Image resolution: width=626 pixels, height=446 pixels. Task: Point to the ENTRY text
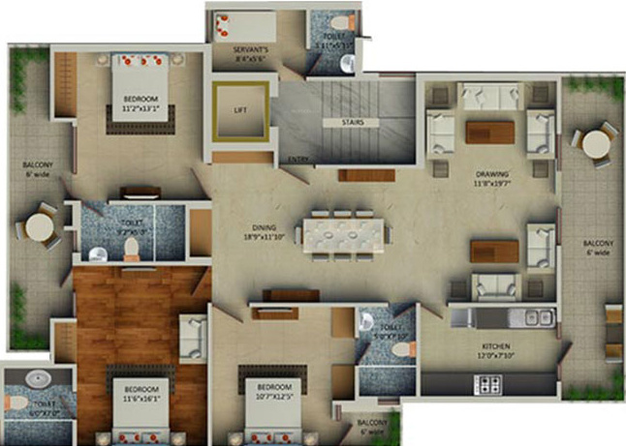297,160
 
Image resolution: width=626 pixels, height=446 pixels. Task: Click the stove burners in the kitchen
485,383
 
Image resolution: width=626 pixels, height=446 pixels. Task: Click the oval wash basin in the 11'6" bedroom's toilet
38,378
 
